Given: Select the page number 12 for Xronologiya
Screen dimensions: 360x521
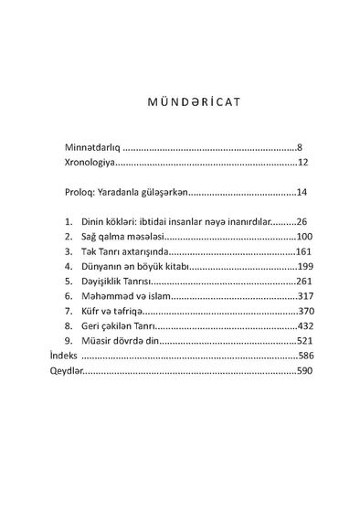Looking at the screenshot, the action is click(306, 165).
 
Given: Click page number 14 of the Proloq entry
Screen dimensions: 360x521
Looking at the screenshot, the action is click(302, 194).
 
